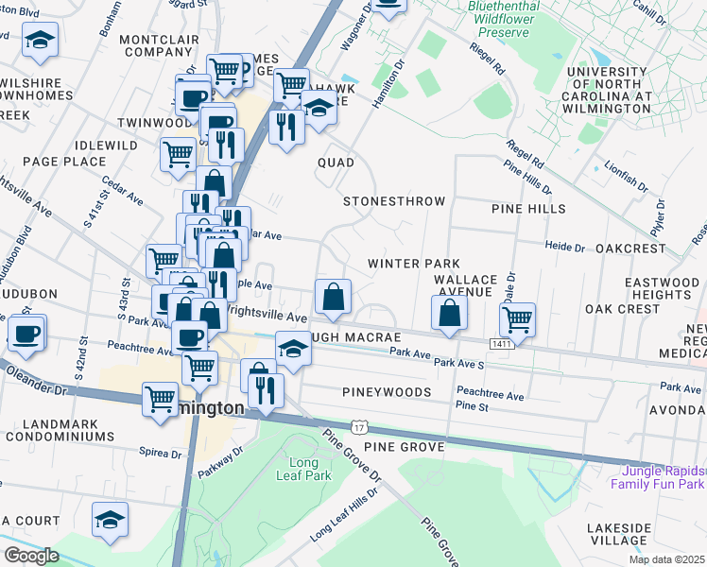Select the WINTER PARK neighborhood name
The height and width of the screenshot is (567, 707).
[413, 263]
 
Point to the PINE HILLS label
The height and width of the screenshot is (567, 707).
[527, 208]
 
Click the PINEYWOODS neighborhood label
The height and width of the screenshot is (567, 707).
[388, 391]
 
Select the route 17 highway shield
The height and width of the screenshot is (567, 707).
[359, 428]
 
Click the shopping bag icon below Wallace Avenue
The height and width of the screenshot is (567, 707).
[450, 314]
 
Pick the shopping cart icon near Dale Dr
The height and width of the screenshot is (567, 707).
[517, 320]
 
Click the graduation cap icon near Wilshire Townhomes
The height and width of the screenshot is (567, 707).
[40, 39]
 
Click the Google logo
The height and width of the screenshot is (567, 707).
[31, 556]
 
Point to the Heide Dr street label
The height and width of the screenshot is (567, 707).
[565, 246]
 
